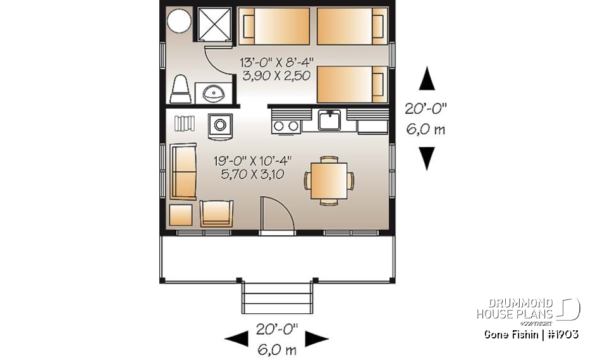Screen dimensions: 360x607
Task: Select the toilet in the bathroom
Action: pos(181,89)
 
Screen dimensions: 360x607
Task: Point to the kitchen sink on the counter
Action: pos(329,119)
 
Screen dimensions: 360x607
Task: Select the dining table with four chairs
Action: pos(329,180)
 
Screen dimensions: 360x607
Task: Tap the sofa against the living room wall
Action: pos(183,171)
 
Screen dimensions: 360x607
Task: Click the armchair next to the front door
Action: pos(216,213)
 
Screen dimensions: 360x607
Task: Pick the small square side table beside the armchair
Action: pos(181,214)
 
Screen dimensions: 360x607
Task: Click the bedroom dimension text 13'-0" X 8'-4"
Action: pos(277,63)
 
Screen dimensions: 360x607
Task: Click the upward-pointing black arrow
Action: pos(427,81)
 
